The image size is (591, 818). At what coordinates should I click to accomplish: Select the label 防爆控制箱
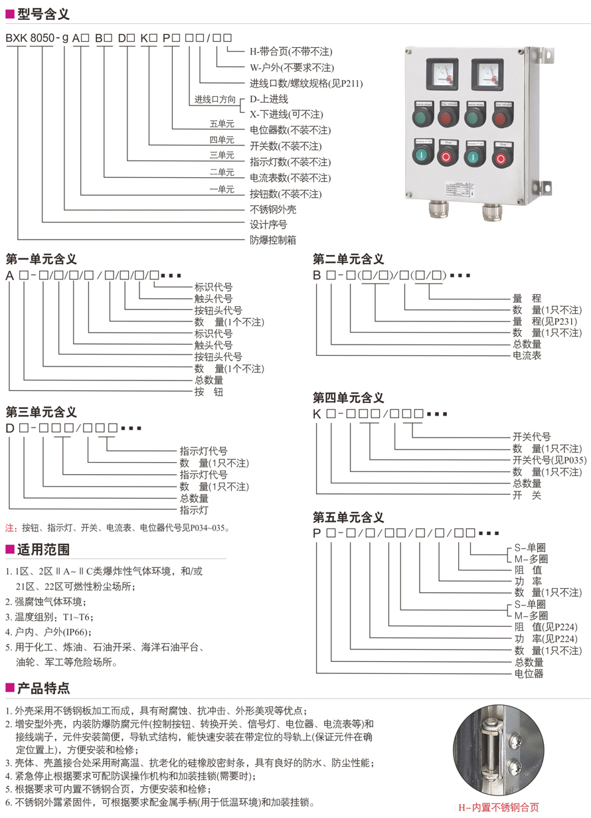tap(273, 240)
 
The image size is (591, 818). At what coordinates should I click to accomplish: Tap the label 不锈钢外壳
tap(273, 209)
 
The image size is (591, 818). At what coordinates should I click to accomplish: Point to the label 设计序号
tap(268, 224)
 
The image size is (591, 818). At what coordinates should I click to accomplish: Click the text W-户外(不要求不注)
tap(292, 68)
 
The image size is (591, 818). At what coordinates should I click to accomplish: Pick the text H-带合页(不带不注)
tap(291, 52)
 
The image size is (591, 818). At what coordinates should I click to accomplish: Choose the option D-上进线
tap(269, 98)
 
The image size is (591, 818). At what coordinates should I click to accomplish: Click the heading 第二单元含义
tap(349, 259)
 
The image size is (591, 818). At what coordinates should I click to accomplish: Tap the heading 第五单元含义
tap(349, 517)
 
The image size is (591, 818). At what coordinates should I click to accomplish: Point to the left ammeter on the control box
tap(439, 73)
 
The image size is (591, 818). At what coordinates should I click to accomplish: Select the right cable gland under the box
tap(491, 211)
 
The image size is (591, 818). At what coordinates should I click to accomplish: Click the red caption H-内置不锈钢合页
tap(499, 807)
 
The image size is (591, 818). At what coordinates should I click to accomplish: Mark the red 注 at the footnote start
tap(10, 529)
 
